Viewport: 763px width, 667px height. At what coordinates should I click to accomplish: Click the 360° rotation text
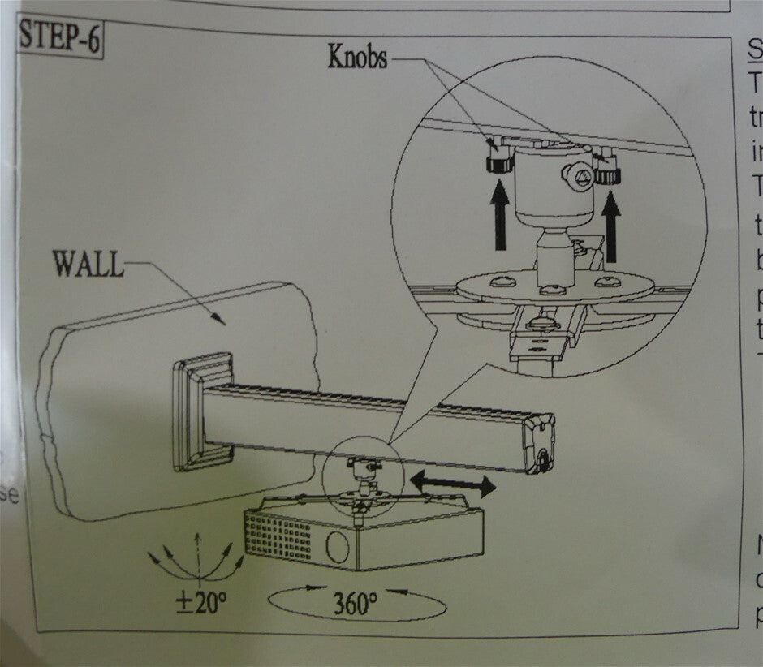coord(354,605)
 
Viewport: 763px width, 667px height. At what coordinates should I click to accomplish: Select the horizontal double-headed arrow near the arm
coord(453,484)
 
